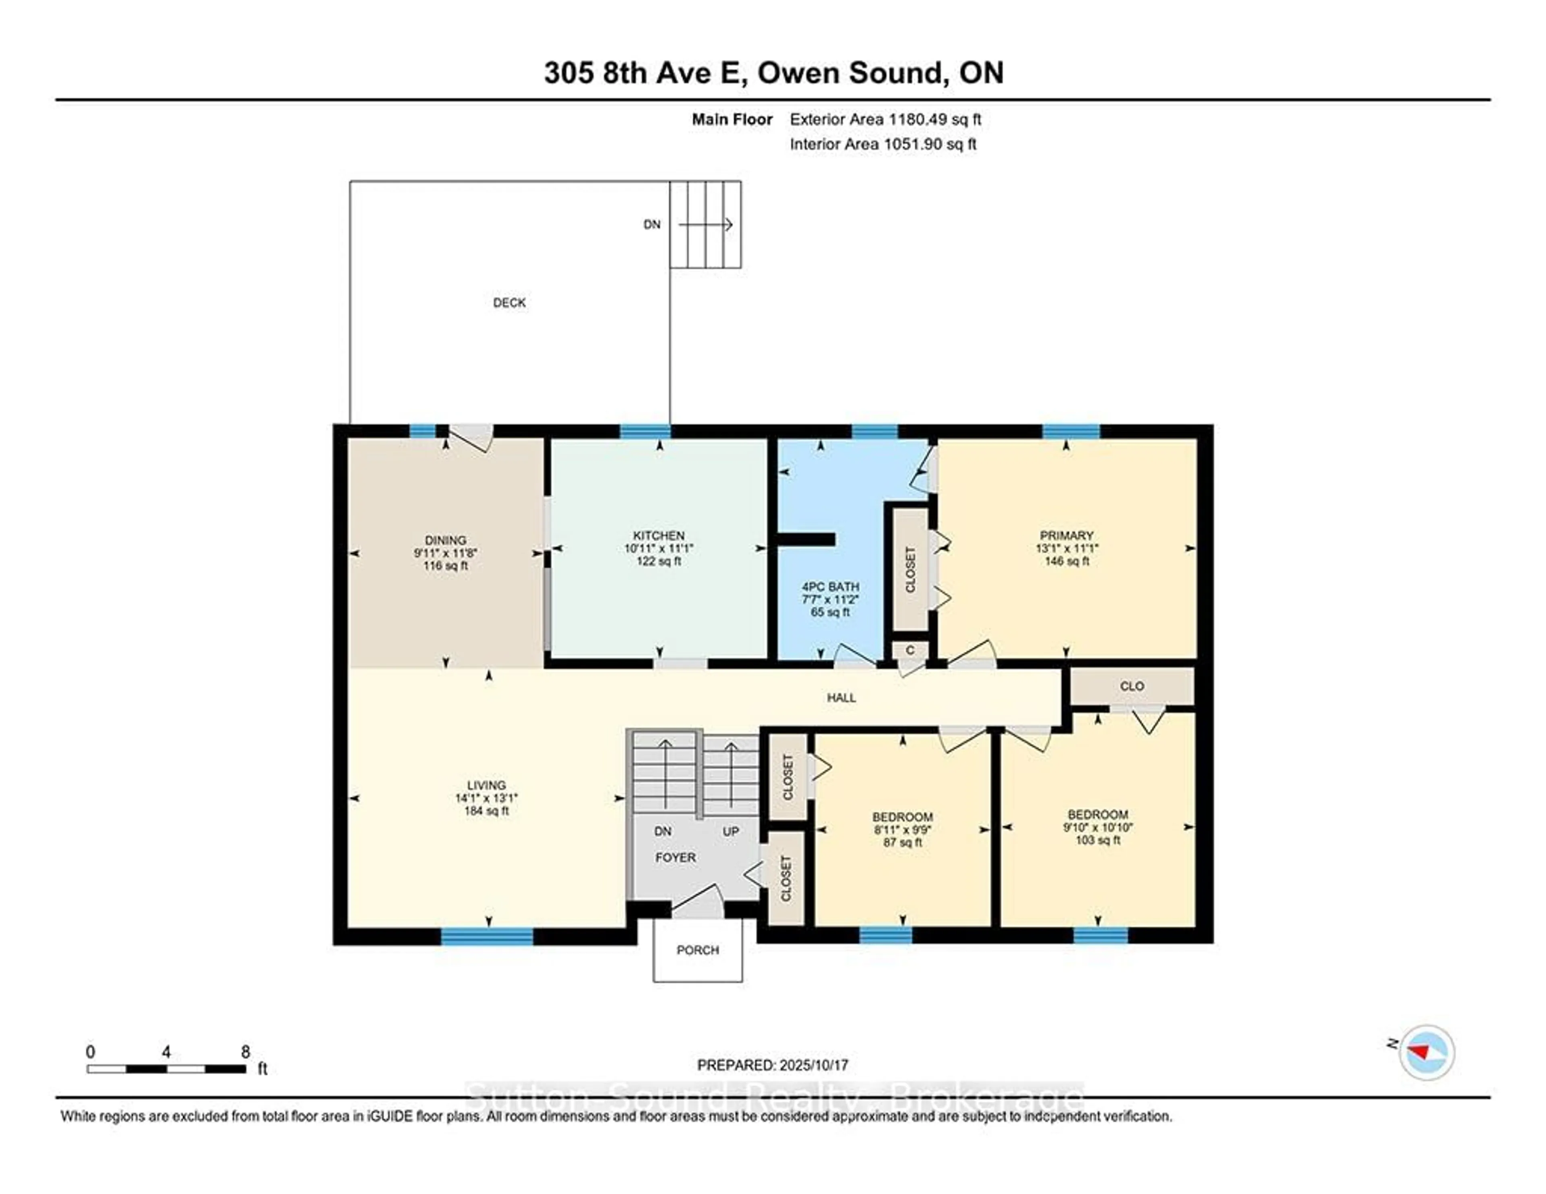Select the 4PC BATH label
(830, 587)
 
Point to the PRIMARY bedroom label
(1066, 536)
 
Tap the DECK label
(509, 303)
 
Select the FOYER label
(675, 857)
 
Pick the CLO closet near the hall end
(1131, 686)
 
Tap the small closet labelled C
(909, 650)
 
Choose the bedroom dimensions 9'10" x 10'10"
(1097, 827)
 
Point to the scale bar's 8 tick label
(245, 1052)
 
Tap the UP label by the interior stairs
(731, 832)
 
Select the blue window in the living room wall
(487, 936)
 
